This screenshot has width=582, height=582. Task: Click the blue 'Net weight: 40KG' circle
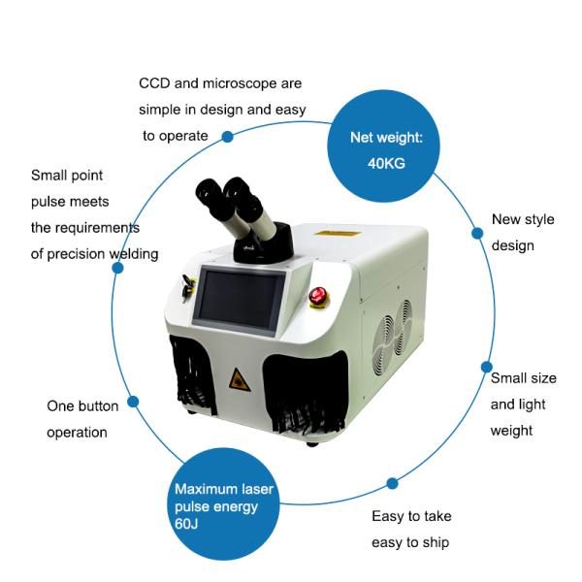click(386, 150)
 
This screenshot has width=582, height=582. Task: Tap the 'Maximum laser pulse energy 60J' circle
click(224, 510)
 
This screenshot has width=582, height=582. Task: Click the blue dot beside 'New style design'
click(476, 233)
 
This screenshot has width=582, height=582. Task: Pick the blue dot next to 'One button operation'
click(133, 402)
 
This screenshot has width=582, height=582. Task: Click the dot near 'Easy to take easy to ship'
click(393, 482)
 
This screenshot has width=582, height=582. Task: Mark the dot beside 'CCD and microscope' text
click(228, 137)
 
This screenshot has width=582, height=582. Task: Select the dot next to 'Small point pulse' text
click(117, 267)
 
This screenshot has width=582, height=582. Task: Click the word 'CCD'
click(155, 84)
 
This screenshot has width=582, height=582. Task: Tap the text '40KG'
click(386, 163)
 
